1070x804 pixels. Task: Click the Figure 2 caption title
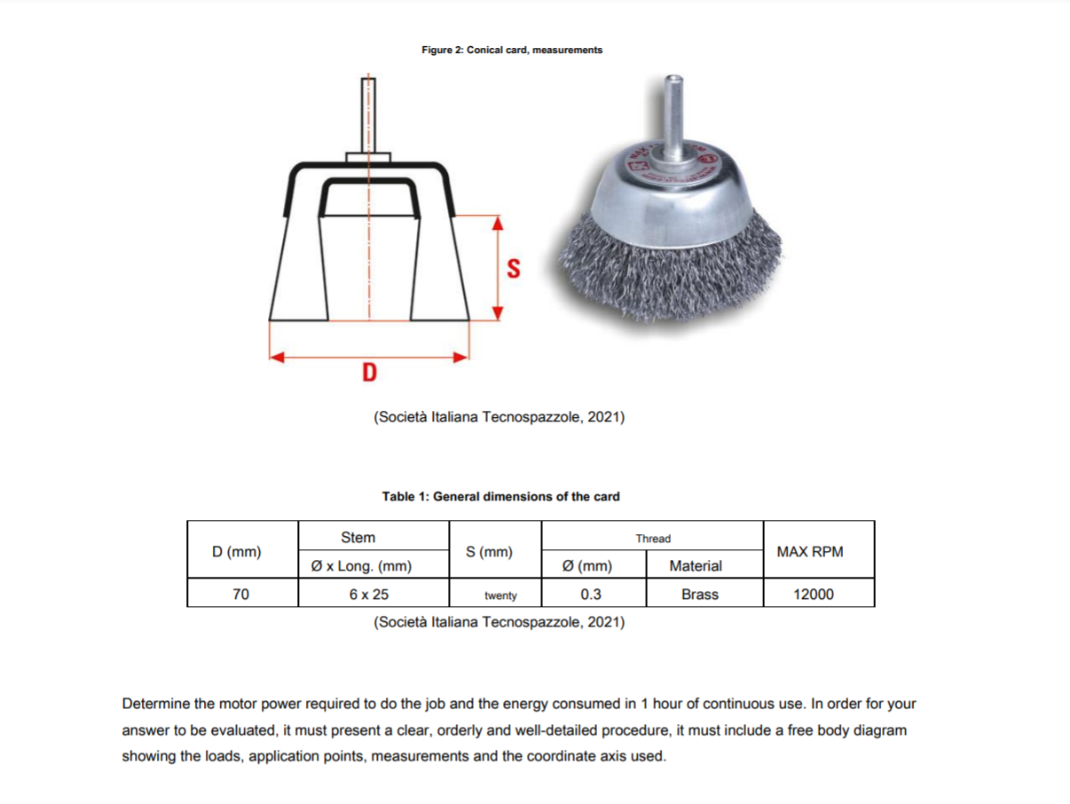(x=512, y=50)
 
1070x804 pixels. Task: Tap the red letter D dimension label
(x=369, y=372)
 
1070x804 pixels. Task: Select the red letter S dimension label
(x=513, y=267)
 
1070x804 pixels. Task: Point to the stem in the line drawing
(x=367, y=114)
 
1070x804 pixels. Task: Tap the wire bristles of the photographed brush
(x=671, y=257)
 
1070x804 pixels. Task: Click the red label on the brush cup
(x=707, y=158)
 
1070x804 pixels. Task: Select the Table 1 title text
(x=500, y=496)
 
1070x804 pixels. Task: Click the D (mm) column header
(x=237, y=551)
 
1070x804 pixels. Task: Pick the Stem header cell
(x=358, y=537)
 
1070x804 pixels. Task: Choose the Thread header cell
(x=653, y=538)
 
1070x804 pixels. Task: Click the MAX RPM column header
(x=809, y=551)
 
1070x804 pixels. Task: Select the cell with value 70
(x=240, y=594)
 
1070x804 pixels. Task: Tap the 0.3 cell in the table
(x=591, y=594)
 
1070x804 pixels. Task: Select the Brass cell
(x=699, y=594)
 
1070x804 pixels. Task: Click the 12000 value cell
(x=813, y=594)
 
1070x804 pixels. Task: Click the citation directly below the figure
(x=500, y=416)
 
